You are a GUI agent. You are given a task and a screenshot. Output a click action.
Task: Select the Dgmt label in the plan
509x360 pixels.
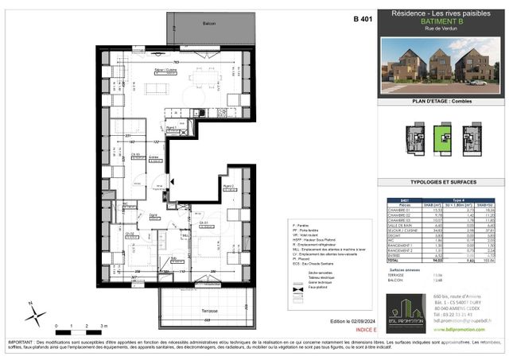(x=153, y=215)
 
